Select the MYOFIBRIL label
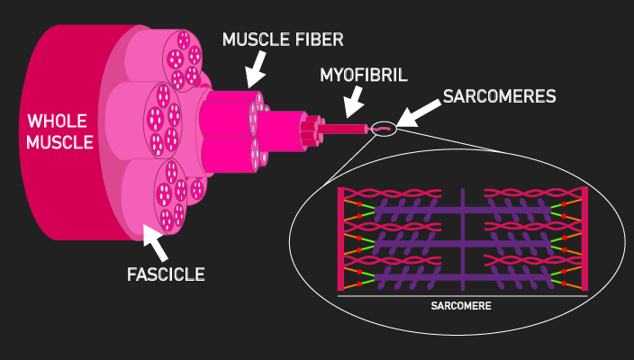(361, 76)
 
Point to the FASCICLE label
(166, 273)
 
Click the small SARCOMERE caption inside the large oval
(461, 305)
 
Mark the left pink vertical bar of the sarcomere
(340, 239)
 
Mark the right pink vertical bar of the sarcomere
(585, 239)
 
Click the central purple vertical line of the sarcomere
(462, 239)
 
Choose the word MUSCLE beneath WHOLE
(60, 141)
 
